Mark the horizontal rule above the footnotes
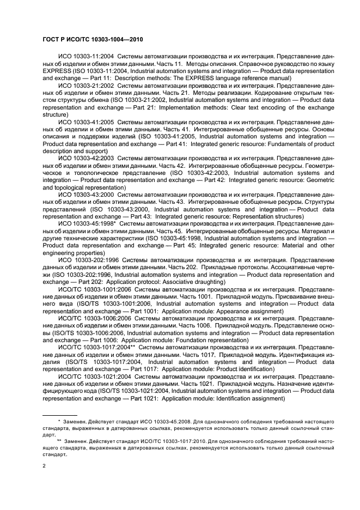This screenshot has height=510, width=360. click(x=60, y=414)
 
